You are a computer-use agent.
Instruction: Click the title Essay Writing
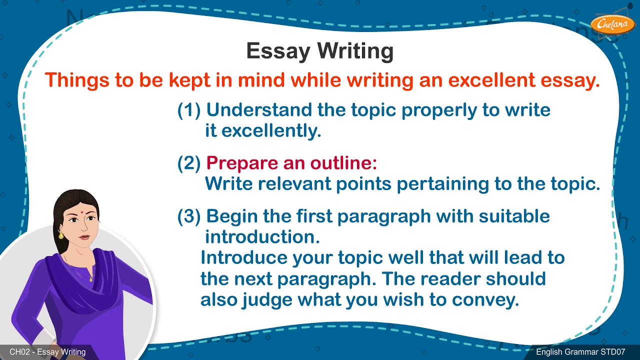[320, 51]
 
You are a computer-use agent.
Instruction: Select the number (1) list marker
[189, 110]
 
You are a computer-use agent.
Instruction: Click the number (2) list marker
[189, 163]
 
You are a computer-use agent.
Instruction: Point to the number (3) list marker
[189, 216]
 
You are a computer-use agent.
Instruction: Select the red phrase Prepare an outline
[291, 163]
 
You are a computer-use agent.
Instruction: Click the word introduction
[262, 237]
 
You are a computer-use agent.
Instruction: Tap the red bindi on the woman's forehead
[79, 212]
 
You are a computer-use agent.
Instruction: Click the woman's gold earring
[61, 234]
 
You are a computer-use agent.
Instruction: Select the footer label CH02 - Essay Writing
[47, 352]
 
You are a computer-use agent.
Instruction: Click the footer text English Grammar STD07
[580, 352]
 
